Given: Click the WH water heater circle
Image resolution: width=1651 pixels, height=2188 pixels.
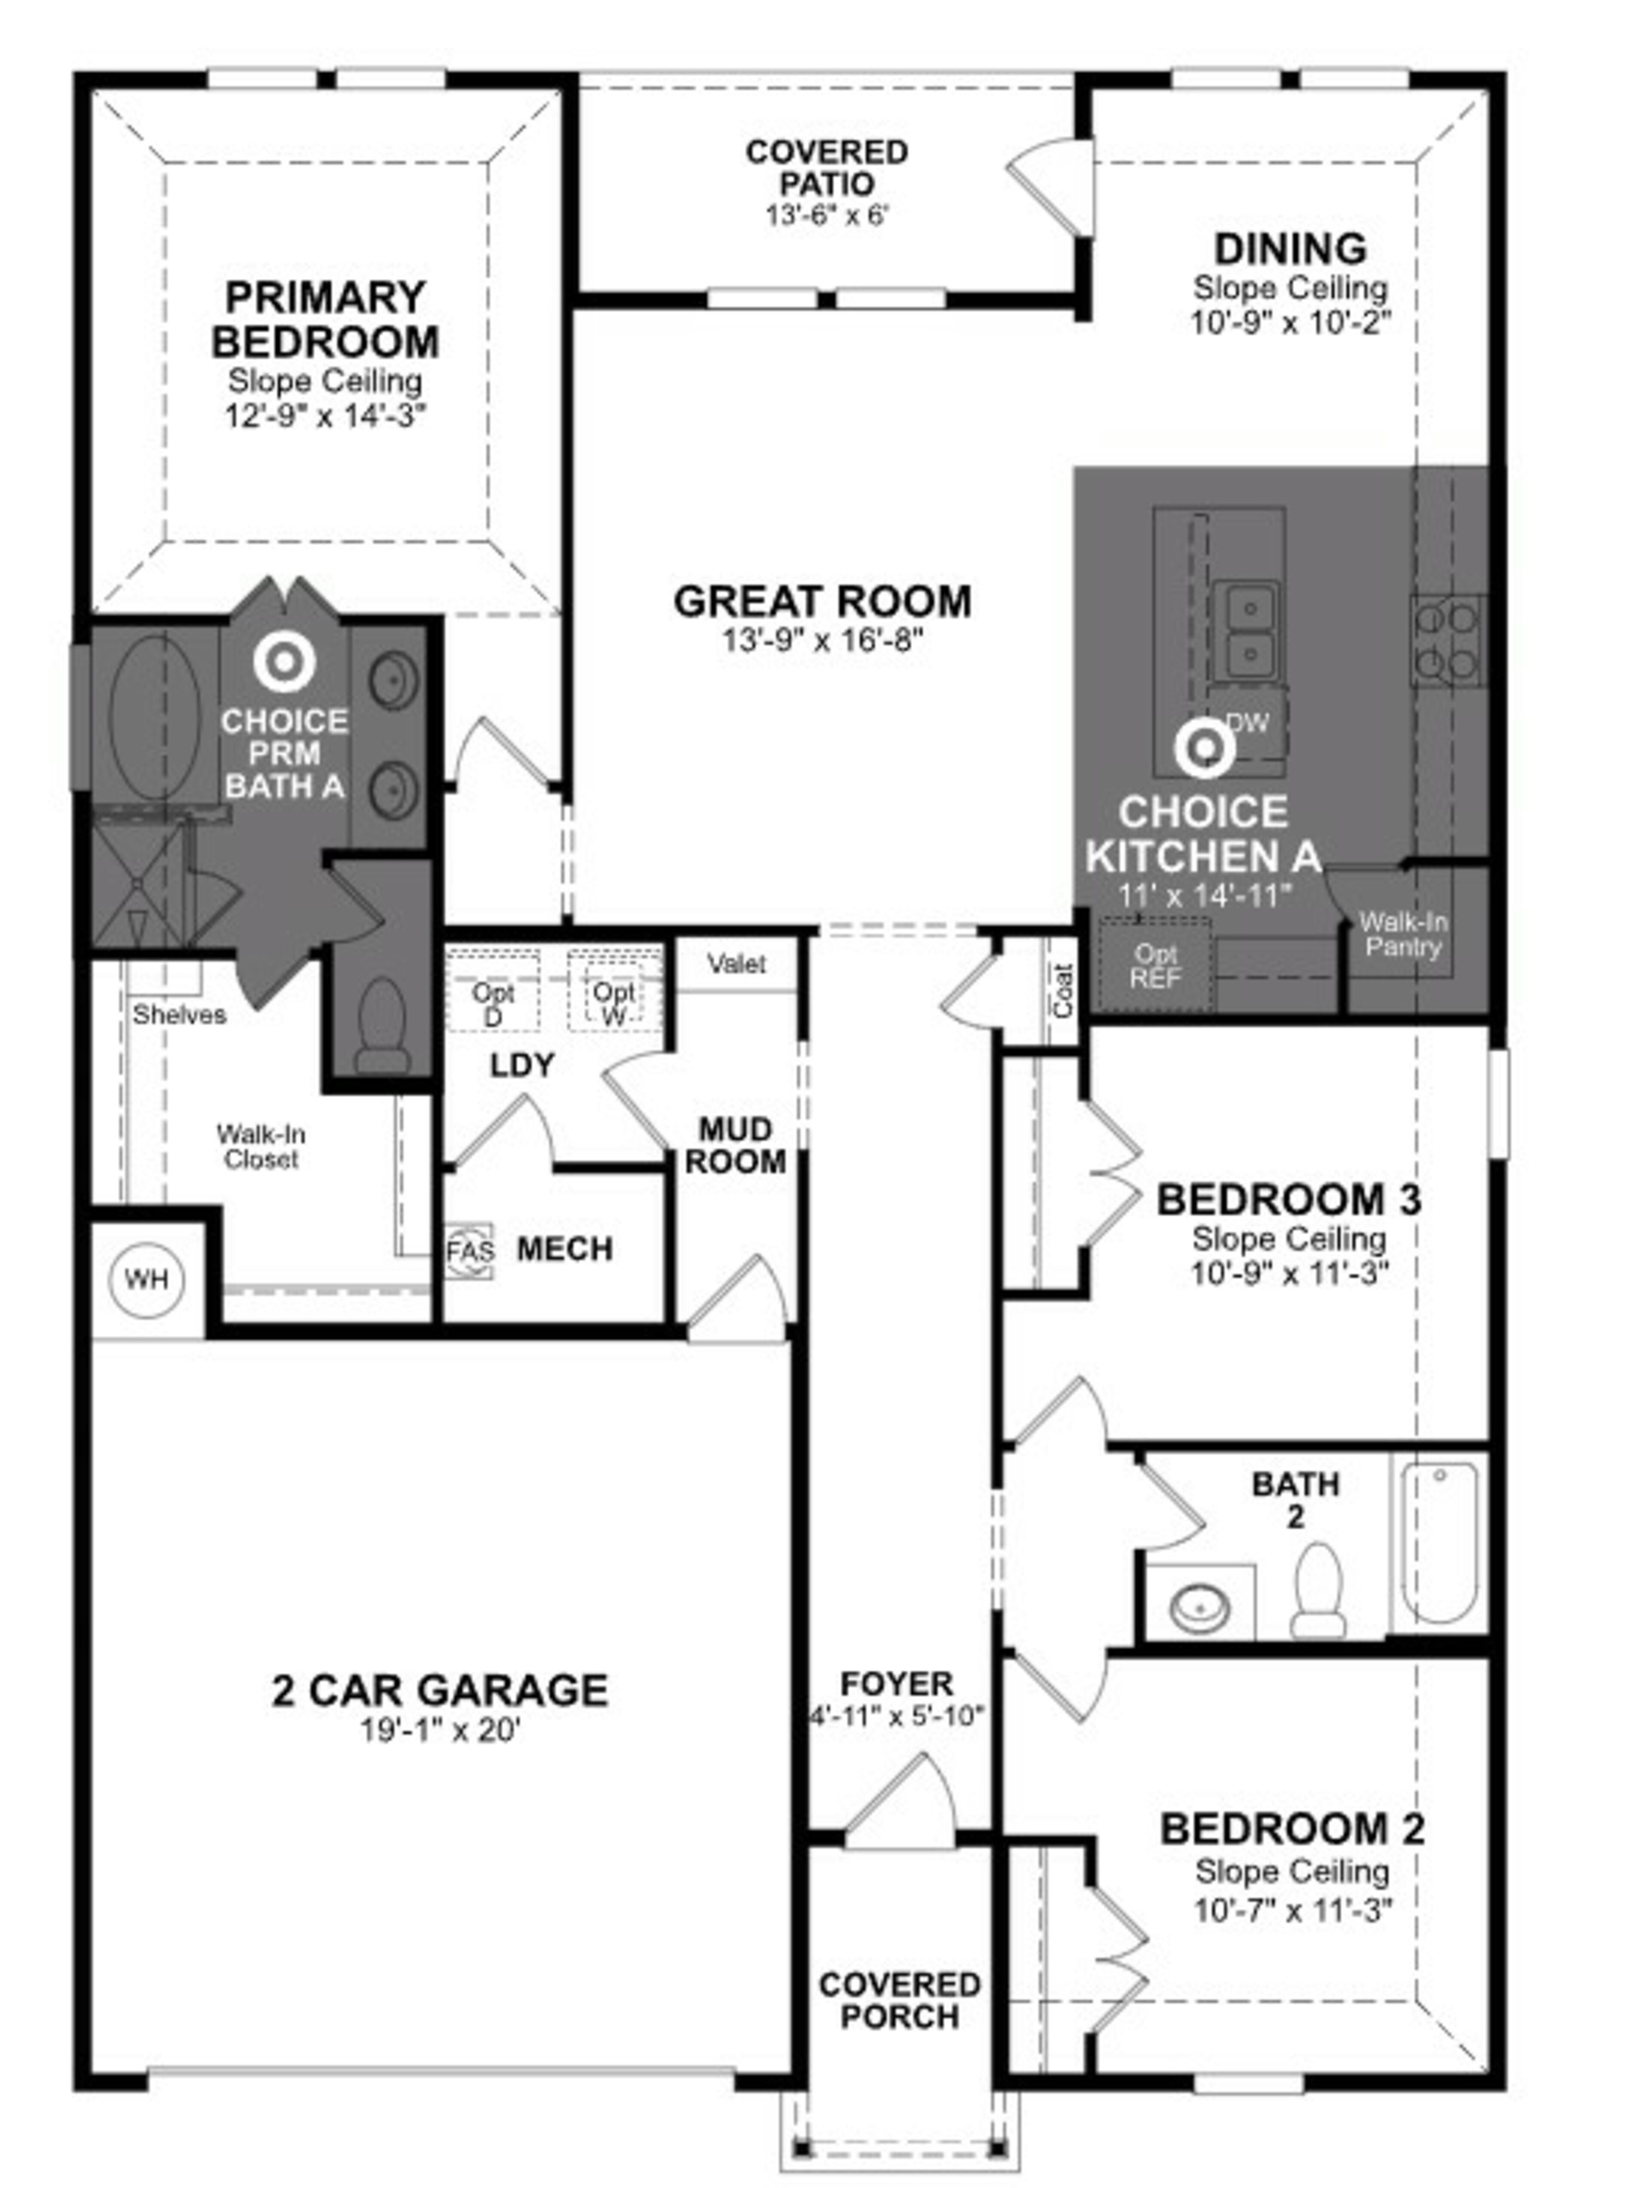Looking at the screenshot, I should coord(147,1280).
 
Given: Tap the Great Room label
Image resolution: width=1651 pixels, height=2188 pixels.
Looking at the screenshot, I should coord(822,601).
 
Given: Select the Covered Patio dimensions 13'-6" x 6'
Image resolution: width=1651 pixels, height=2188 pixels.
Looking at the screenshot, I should coord(827,215).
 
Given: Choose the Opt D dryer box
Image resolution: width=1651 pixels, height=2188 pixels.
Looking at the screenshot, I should coord(493,991).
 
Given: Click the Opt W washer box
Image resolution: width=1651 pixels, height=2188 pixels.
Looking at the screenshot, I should coord(614,991).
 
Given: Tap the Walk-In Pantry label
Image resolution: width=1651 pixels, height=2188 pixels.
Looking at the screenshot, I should coord(1403,935).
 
